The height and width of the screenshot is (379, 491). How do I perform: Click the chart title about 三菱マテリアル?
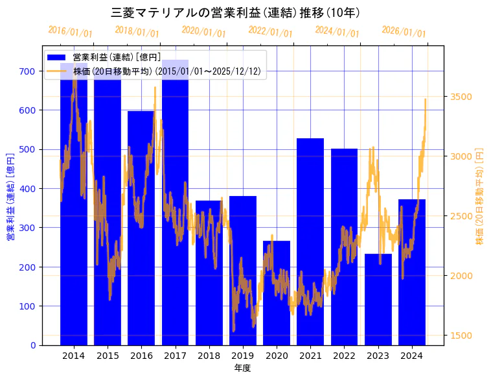pyautogui.click(x=236, y=13)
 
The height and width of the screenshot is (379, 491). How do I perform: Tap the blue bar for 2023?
pyautogui.click(x=378, y=299)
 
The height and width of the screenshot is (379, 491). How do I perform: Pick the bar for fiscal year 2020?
pyautogui.click(x=277, y=293)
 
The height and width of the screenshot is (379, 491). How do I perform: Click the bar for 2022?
pyautogui.click(x=344, y=247)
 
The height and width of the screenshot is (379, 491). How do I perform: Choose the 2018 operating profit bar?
pyautogui.click(x=209, y=273)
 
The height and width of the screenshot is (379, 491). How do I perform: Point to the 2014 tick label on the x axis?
pyautogui.click(x=73, y=356)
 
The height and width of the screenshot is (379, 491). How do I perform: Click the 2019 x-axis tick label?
pyautogui.click(x=243, y=356)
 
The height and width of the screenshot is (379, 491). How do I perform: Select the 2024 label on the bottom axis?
pyautogui.click(x=412, y=356)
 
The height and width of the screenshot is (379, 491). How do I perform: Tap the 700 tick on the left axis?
pyautogui.click(x=27, y=71)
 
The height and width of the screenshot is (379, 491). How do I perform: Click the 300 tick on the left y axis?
pyautogui.click(x=27, y=228)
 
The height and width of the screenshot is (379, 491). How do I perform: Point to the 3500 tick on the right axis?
pyautogui.click(x=461, y=97)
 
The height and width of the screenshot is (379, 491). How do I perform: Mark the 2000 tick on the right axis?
pyautogui.click(x=461, y=276)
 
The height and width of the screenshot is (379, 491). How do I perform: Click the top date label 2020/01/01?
pyautogui.click(x=204, y=32)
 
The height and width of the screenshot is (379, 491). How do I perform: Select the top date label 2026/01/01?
pyautogui.click(x=404, y=32)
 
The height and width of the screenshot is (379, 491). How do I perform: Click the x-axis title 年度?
pyautogui.click(x=243, y=368)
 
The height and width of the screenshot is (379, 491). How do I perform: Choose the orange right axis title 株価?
pyautogui.click(x=480, y=195)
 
